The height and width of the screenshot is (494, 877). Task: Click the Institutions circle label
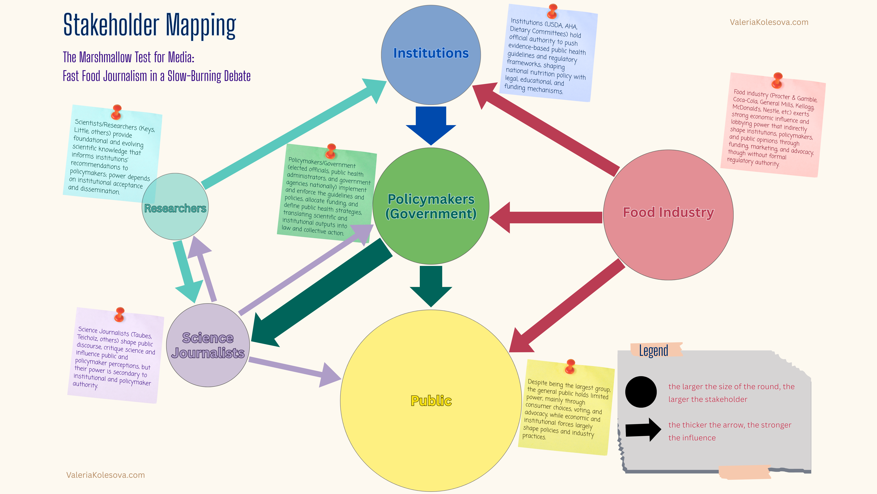(431, 53)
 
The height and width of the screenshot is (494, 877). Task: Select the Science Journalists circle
(208, 345)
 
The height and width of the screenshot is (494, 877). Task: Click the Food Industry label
(668, 212)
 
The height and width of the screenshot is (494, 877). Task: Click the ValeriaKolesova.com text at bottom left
(106, 475)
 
